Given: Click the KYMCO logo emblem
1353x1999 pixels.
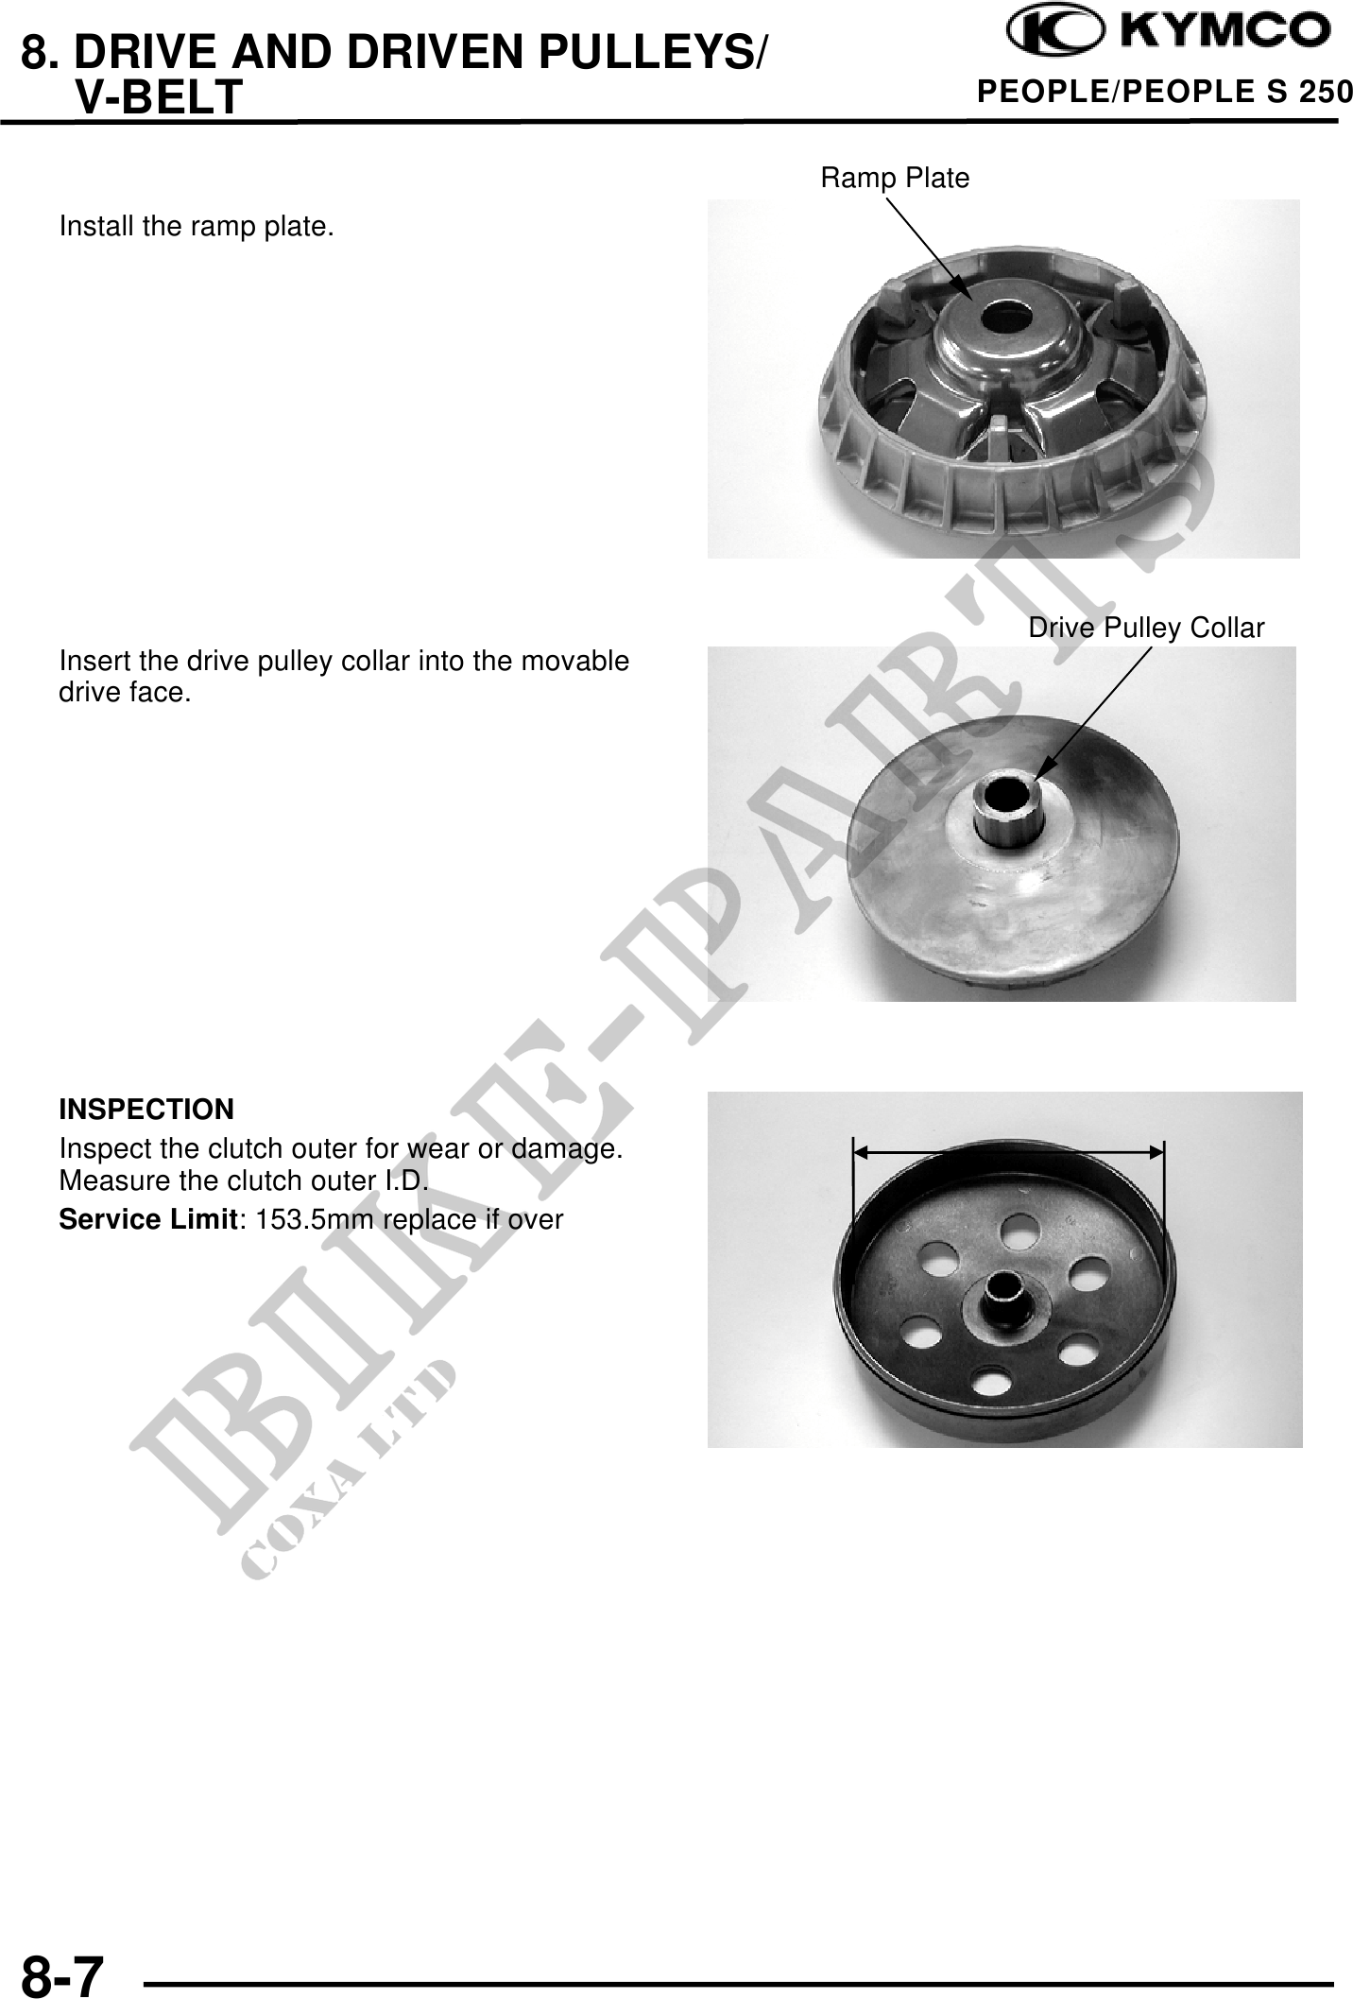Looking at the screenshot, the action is click(x=1053, y=34).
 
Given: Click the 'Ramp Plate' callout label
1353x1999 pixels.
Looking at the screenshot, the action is click(x=895, y=178).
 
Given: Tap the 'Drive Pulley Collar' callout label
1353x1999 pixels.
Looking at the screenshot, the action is click(x=1146, y=629).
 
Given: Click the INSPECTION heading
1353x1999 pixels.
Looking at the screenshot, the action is click(x=146, y=1108).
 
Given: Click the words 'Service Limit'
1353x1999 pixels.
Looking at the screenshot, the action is click(x=146, y=1219).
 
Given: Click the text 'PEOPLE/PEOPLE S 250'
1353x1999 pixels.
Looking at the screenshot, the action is click(x=1164, y=92).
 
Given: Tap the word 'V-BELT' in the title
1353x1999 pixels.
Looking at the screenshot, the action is click(x=159, y=97).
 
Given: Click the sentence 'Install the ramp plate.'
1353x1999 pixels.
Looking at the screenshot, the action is click(x=197, y=227).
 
